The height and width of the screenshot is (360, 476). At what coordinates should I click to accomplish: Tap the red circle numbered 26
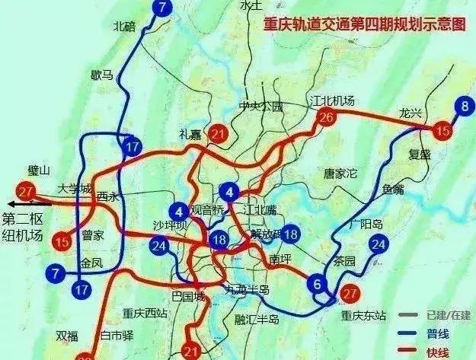click(x=326, y=117)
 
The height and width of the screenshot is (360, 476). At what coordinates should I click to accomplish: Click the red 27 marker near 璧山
click(x=28, y=190)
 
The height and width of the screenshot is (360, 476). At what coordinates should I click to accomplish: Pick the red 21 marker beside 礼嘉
click(x=219, y=135)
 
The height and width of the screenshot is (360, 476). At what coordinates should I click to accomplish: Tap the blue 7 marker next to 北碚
click(x=161, y=8)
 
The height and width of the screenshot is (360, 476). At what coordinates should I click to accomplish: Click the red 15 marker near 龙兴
click(x=442, y=132)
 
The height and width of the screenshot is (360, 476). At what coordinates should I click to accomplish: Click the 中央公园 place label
click(x=260, y=107)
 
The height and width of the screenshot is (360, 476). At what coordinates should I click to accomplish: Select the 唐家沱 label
click(x=340, y=173)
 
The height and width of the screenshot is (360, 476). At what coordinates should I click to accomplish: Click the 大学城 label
click(x=74, y=188)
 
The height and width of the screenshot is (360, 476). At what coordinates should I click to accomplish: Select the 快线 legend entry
click(x=437, y=352)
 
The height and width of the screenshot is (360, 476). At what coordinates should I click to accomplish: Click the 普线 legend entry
click(x=437, y=333)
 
